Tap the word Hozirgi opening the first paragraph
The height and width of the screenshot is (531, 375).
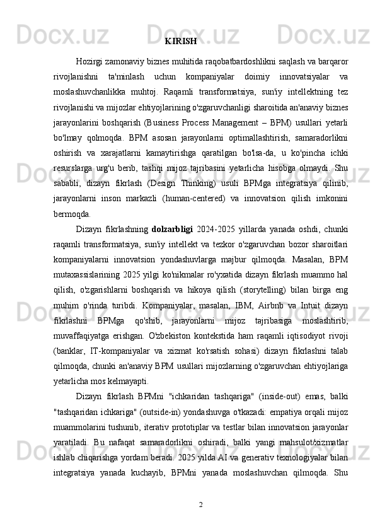click(89, 61)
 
